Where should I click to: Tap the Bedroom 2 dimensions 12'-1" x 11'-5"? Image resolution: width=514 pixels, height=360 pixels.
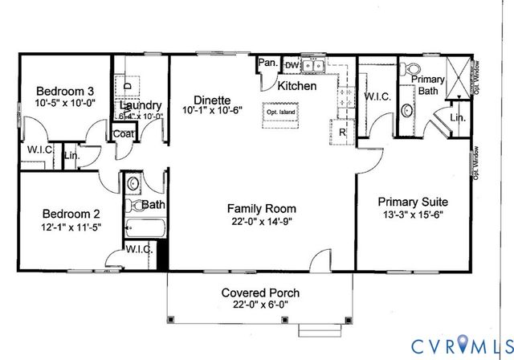(71, 227)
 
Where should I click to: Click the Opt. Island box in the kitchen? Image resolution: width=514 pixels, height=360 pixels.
(282, 113)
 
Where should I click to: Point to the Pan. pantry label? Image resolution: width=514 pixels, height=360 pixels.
(267, 63)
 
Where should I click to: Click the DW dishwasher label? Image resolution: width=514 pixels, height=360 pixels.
(292, 64)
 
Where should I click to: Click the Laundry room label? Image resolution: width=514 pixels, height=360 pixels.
(141, 105)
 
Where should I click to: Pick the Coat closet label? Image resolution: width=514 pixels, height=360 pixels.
(124, 134)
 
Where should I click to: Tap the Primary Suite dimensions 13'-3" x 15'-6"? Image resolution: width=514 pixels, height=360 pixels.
(413, 215)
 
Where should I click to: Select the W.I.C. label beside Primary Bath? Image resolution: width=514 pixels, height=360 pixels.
(377, 96)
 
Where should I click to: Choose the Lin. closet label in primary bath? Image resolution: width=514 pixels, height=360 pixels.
(457, 117)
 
